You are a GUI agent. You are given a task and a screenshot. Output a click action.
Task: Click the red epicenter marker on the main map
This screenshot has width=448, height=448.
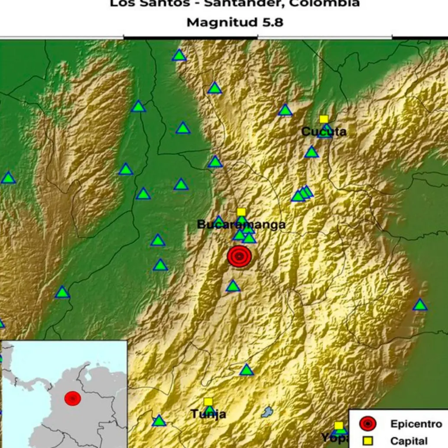[239, 256]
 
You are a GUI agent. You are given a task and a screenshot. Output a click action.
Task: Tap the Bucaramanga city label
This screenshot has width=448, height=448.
[241, 224]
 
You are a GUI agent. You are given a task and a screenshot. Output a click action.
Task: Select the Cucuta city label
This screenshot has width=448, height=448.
[324, 132]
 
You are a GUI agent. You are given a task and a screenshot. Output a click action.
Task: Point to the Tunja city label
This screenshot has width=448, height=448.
[208, 414]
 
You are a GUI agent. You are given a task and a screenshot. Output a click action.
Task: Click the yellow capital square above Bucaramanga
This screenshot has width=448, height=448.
[241, 212]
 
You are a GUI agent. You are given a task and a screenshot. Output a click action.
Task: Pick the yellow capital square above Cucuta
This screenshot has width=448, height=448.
[324, 119]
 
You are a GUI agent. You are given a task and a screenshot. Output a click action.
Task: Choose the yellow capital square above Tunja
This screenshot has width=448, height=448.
[208, 402]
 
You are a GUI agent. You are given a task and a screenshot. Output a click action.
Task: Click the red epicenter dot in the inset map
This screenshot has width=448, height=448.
[72, 398]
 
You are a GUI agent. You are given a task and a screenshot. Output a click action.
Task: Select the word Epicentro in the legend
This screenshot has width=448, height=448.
[416, 424]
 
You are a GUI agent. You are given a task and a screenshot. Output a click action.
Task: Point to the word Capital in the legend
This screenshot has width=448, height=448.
[409, 441]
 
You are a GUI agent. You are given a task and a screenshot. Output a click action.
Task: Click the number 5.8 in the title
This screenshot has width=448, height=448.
[272, 22]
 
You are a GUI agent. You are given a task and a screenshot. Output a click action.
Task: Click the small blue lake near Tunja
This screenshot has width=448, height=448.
[267, 412]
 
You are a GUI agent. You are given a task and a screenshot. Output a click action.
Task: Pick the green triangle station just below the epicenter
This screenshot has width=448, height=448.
[233, 286]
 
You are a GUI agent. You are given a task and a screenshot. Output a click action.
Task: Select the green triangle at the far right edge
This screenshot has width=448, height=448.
[419, 305]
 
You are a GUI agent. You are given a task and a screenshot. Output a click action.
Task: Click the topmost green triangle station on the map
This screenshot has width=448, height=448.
[179, 55]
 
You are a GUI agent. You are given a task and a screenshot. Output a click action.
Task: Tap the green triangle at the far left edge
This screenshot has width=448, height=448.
[8, 178]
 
